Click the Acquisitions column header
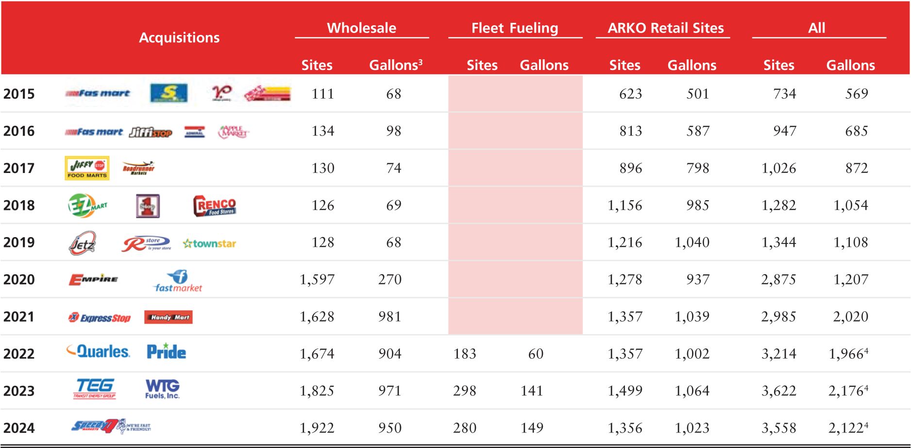(x=179, y=37)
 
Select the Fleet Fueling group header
(x=515, y=28)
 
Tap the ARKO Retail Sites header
(x=665, y=28)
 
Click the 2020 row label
(x=19, y=279)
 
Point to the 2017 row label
(x=19, y=168)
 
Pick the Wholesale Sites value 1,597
(x=317, y=279)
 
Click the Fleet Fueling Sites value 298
(x=464, y=391)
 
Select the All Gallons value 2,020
(x=850, y=317)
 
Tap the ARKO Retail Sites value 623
(x=630, y=94)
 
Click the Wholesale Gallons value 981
(x=389, y=317)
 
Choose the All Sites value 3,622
(x=778, y=391)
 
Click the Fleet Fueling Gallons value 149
(x=532, y=428)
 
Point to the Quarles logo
(x=99, y=351)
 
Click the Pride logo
(x=166, y=351)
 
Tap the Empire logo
(x=93, y=279)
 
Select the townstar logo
(x=209, y=243)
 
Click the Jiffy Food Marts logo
(x=87, y=168)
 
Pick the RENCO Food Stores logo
(x=215, y=206)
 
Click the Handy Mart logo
(x=169, y=317)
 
